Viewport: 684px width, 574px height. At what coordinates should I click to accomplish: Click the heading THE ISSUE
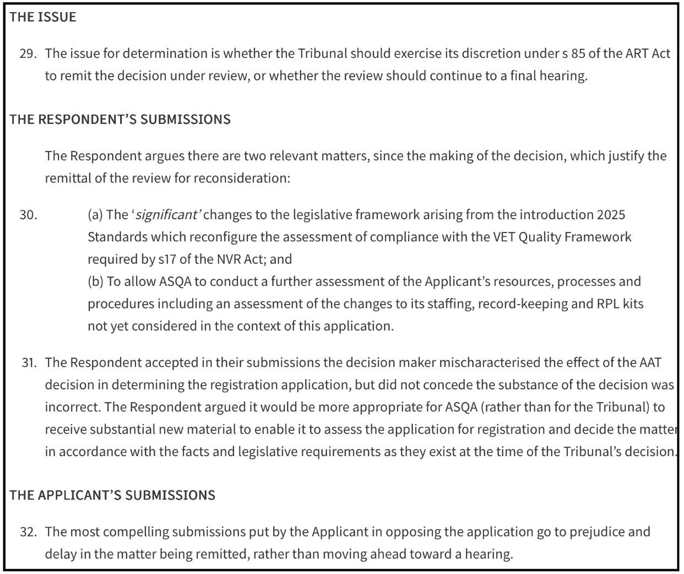coord(43,17)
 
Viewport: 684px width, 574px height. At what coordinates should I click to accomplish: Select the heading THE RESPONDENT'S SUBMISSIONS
coord(120,120)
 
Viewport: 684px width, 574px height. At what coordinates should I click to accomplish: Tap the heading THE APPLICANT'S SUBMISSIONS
coord(112,495)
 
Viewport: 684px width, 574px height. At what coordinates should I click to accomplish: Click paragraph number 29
coord(28,54)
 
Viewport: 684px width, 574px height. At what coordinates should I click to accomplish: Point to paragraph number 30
coord(28,215)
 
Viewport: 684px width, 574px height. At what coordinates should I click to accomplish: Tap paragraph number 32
coord(28,532)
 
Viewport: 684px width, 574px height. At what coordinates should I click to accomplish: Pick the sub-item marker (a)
coord(95,215)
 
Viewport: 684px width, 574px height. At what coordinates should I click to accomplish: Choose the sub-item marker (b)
coord(95,282)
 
